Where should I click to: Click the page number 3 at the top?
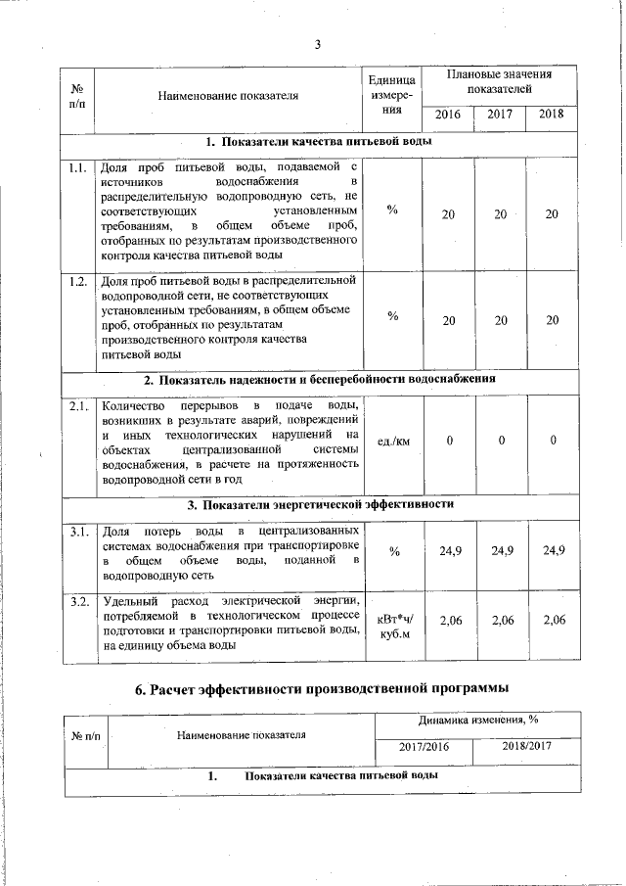[319, 43]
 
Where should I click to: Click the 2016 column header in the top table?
[448, 115]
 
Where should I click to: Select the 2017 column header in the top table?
[500, 115]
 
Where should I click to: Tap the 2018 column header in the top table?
[552, 115]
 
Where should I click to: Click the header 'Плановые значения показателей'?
[499, 81]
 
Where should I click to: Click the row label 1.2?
[79, 282]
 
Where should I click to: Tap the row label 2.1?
[79, 404]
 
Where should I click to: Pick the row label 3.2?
[79, 598]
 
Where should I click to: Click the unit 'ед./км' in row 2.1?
[392, 442]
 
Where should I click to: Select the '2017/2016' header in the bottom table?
[424, 747]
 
